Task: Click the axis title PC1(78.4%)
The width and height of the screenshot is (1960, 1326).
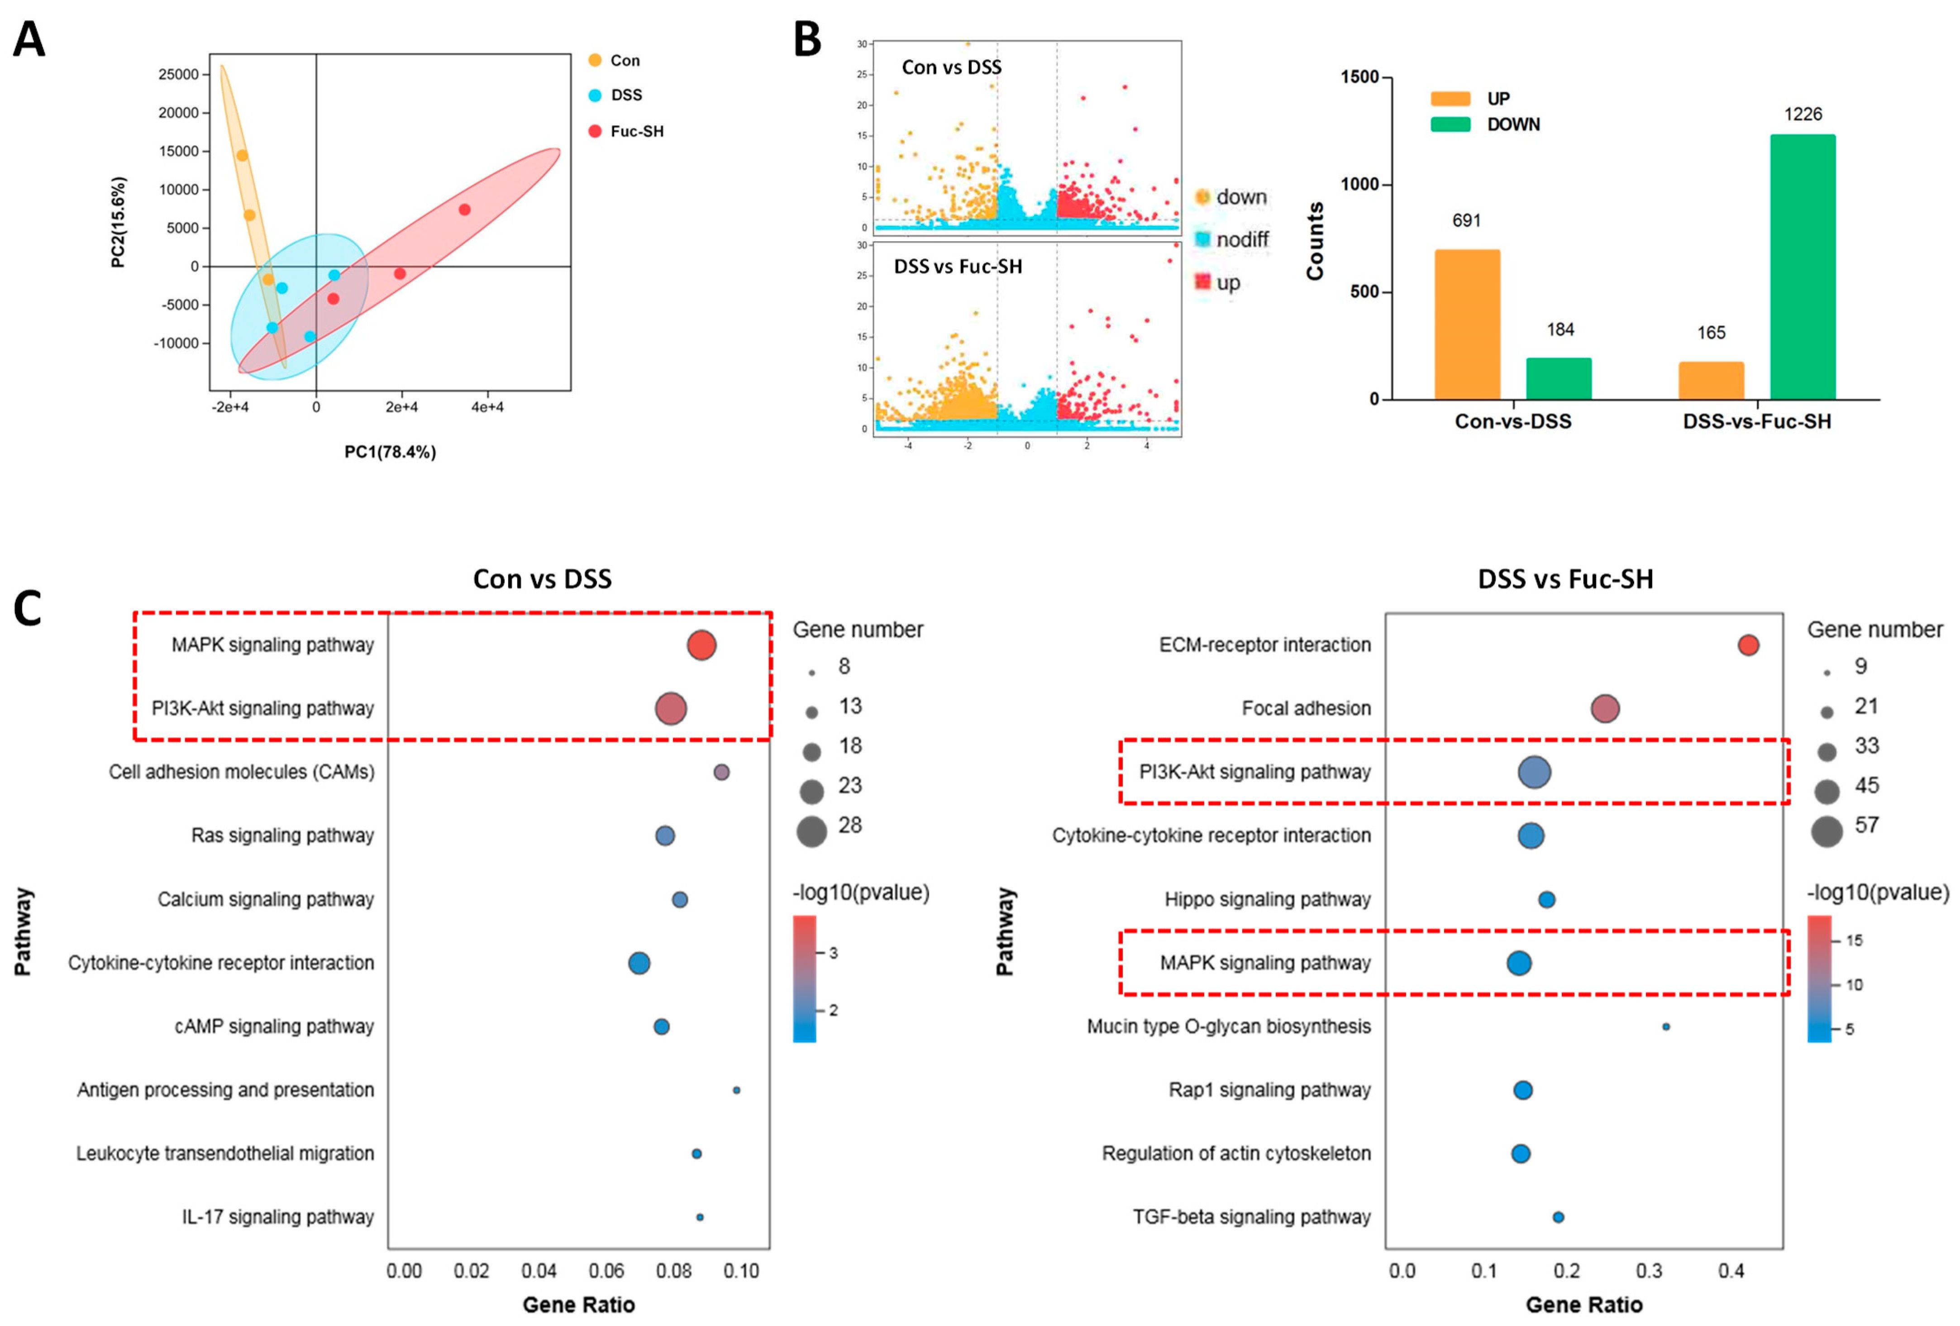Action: [x=390, y=452]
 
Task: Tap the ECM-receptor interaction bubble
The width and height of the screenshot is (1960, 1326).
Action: [x=1748, y=645]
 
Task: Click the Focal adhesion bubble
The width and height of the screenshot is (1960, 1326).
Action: [x=1605, y=709]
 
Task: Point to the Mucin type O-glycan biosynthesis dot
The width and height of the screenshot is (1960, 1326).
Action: [x=1666, y=1026]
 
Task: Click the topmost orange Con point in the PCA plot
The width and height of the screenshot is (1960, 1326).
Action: [x=242, y=155]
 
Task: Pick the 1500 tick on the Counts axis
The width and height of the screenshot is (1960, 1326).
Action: [x=1359, y=77]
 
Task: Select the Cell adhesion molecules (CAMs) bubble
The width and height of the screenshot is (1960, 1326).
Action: [x=721, y=772]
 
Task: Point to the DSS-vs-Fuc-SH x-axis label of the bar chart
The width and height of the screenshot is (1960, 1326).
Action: [x=1757, y=422]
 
